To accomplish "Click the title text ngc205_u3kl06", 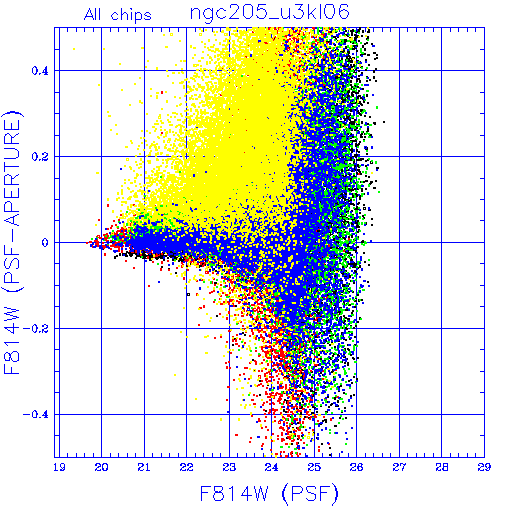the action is point(270,13).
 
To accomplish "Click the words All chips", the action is point(118,15).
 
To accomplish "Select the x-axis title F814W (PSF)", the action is point(269,493).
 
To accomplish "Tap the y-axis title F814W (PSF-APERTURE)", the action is point(13,242).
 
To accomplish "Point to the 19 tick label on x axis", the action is point(59,467).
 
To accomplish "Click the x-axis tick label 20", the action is point(101,467).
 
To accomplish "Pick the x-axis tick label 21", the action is point(144,467).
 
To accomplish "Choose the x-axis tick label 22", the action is point(186,467).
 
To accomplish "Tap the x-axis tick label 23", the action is point(229,467).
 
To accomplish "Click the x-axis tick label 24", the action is point(272,467).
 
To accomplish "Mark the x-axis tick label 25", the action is point(314,467).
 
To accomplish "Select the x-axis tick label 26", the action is point(357,467).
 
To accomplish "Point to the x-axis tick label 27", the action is point(399,467).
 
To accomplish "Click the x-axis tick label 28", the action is point(442,467).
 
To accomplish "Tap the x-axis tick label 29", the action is point(484,467).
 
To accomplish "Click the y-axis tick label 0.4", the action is point(40,71).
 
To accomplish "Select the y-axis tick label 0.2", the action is point(40,157).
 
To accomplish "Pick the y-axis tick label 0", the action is point(45,243).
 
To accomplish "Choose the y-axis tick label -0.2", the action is point(36,329).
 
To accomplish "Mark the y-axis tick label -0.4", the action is point(36,415).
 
